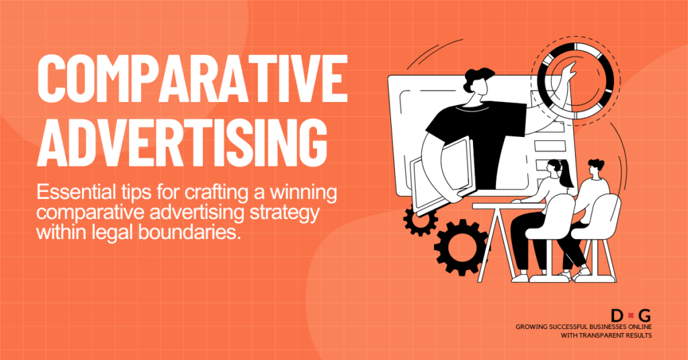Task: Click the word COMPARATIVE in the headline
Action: pyautogui.click(x=191, y=81)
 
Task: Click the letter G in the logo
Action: pyautogui.click(x=645, y=315)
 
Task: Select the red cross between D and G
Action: pyautogui.click(x=631, y=315)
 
